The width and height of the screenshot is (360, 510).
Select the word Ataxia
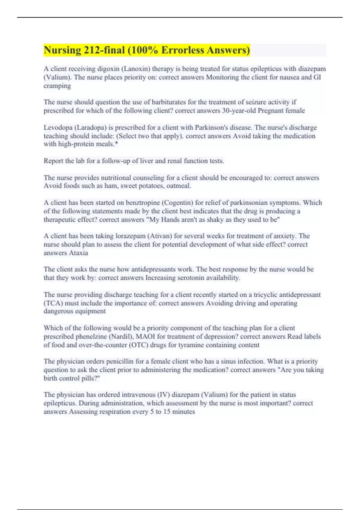click(79, 253)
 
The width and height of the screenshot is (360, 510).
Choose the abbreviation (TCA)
click(53, 303)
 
